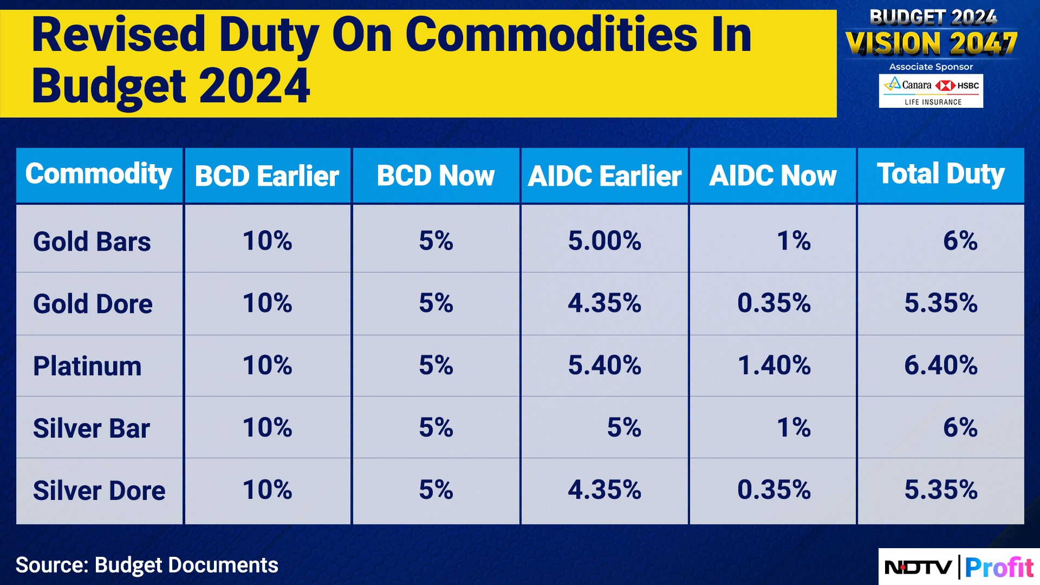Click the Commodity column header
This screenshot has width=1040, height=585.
pyautogui.click(x=99, y=174)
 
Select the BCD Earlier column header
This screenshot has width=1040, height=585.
pyautogui.click(x=267, y=176)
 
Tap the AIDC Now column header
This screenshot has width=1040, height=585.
pyautogui.click(x=773, y=176)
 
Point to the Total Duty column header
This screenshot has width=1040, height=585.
pyautogui.click(x=941, y=174)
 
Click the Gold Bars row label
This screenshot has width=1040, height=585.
pyautogui.click(x=92, y=242)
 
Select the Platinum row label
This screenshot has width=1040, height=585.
pyautogui.click(x=87, y=366)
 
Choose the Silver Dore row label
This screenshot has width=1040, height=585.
pyautogui.click(x=99, y=491)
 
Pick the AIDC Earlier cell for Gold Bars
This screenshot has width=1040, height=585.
pyautogui.click(x=604, y=240)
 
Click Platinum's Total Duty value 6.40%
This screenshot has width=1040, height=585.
pyautogui.click(x=941, y=365)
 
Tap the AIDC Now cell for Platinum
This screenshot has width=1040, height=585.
pyautogui.click(x=774, y=365)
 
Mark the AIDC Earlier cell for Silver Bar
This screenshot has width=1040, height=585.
pyautogui.click(x=624, y=427)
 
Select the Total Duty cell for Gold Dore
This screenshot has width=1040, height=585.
pyautogui.click(x=941, y=303)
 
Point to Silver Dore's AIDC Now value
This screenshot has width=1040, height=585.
pyautogui.click(x=774, y=490)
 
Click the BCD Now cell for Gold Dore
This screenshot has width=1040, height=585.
pyautogui.click(x=436, y=303)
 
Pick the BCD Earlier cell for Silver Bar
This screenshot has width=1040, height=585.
pyautogui.click(x=267, y=427)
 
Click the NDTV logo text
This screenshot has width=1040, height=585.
pyautogui.click(x=918, y=568)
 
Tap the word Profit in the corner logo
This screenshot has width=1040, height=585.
pyautogui.click(x=999, y=568)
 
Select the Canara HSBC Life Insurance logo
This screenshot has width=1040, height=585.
pyautogui.click(x=931, y=91)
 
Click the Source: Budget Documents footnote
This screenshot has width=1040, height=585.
pyautogui.click(x=147, y=565)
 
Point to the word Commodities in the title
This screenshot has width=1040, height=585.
pyautogui.click(x=551, y=35)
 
